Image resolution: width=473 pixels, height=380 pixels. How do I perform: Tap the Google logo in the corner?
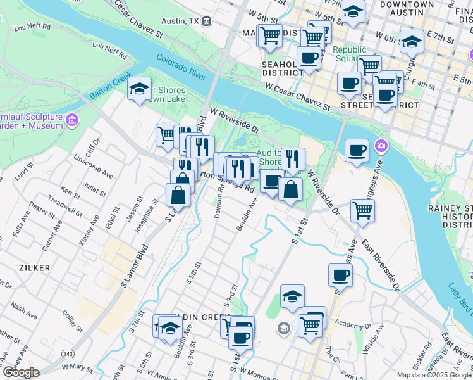[x=20, y=372]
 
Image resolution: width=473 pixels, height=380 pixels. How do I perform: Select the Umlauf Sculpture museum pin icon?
[x=72, y=120]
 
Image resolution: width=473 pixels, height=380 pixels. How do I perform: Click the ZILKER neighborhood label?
[x=35, y=268]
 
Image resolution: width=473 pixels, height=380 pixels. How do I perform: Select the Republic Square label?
[x=350, y=54]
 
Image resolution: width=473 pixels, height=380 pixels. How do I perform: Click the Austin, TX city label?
[x=181, y=21]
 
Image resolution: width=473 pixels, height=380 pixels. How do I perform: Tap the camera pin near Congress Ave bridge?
[x=381, y=146]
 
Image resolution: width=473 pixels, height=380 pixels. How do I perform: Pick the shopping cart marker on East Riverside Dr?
[x=362, y=210]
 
